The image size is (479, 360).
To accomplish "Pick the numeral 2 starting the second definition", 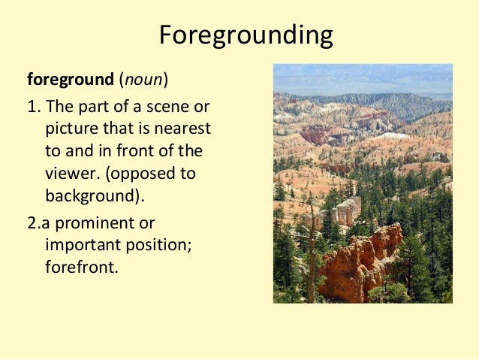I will coord(32,224).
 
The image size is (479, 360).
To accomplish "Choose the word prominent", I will coord(116,224).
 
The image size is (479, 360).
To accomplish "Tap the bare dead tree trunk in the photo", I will coord(311,259).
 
